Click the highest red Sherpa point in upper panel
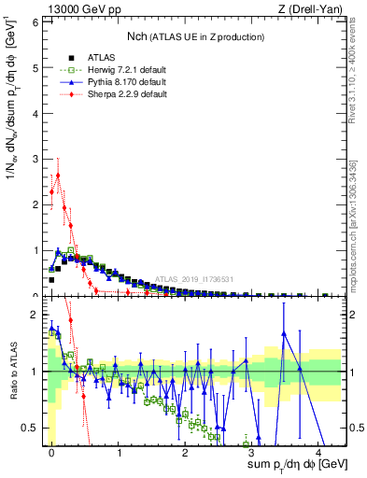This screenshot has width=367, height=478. coord(58,175)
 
